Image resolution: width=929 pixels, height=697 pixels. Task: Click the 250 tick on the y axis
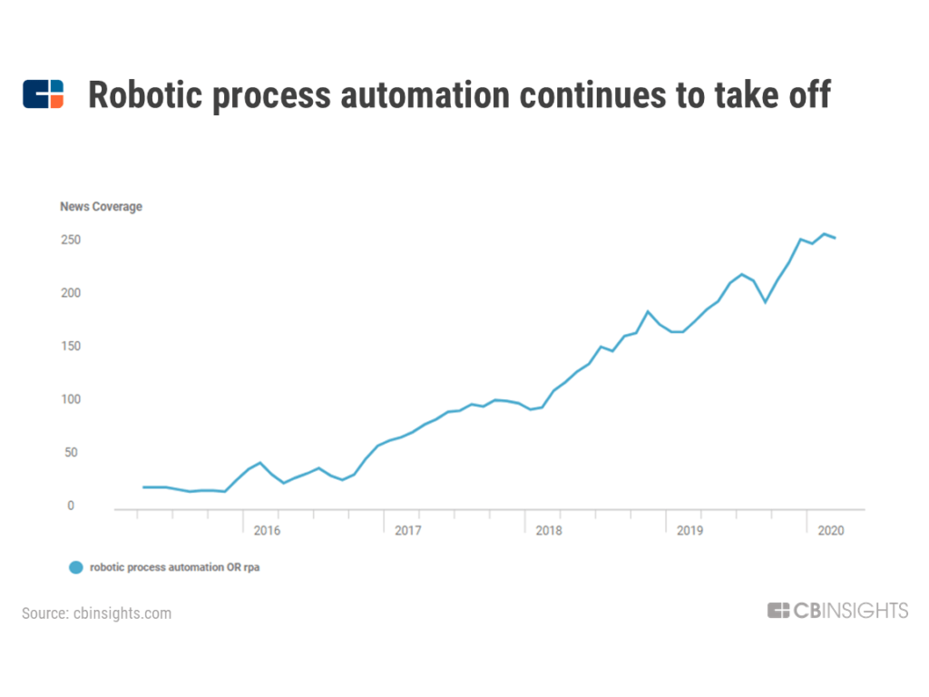[69, 241]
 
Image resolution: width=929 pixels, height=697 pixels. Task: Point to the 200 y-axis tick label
[69, 293]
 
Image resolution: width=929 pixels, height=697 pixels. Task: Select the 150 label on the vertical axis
[69, 347]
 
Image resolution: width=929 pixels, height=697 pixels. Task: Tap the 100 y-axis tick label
[69, 399]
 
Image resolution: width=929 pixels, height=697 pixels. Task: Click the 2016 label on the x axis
[267, 531]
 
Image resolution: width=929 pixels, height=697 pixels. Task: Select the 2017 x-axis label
[407, 531]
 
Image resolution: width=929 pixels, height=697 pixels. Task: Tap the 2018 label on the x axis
[548, 531]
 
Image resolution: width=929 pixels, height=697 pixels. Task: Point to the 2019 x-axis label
[689, 531]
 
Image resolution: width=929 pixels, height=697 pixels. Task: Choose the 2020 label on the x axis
[830, 531]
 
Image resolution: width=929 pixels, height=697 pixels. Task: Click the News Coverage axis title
[101, 207]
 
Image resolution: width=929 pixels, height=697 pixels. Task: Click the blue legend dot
[76, 567]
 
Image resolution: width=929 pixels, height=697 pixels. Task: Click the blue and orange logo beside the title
[43, 94]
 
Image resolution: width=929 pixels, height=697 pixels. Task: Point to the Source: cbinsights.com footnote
[96, 614]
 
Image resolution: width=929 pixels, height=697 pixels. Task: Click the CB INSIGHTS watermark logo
[836, 611]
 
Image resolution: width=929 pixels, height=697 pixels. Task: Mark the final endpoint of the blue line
[835, 238]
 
